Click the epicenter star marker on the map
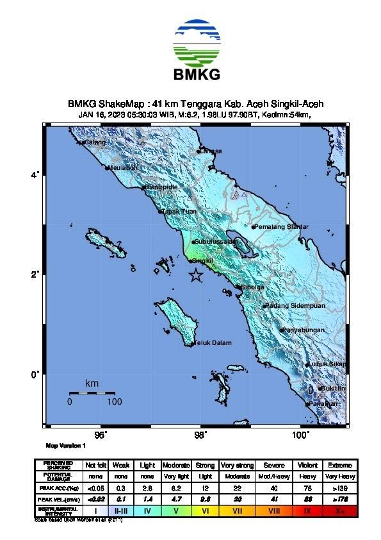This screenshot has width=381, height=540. point(196,276)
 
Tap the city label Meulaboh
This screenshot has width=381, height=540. point(122,168)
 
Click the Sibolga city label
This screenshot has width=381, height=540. point(251,287)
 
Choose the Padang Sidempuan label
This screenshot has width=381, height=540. point(295,306)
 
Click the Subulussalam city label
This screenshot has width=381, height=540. point(216,242)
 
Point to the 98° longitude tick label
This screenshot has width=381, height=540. point(200,435)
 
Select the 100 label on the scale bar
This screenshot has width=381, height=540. point(114,402)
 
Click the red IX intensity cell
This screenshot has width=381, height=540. point(308,511)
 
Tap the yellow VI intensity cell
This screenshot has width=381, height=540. point(206,511)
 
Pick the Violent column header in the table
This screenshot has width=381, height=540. point(308,465)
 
